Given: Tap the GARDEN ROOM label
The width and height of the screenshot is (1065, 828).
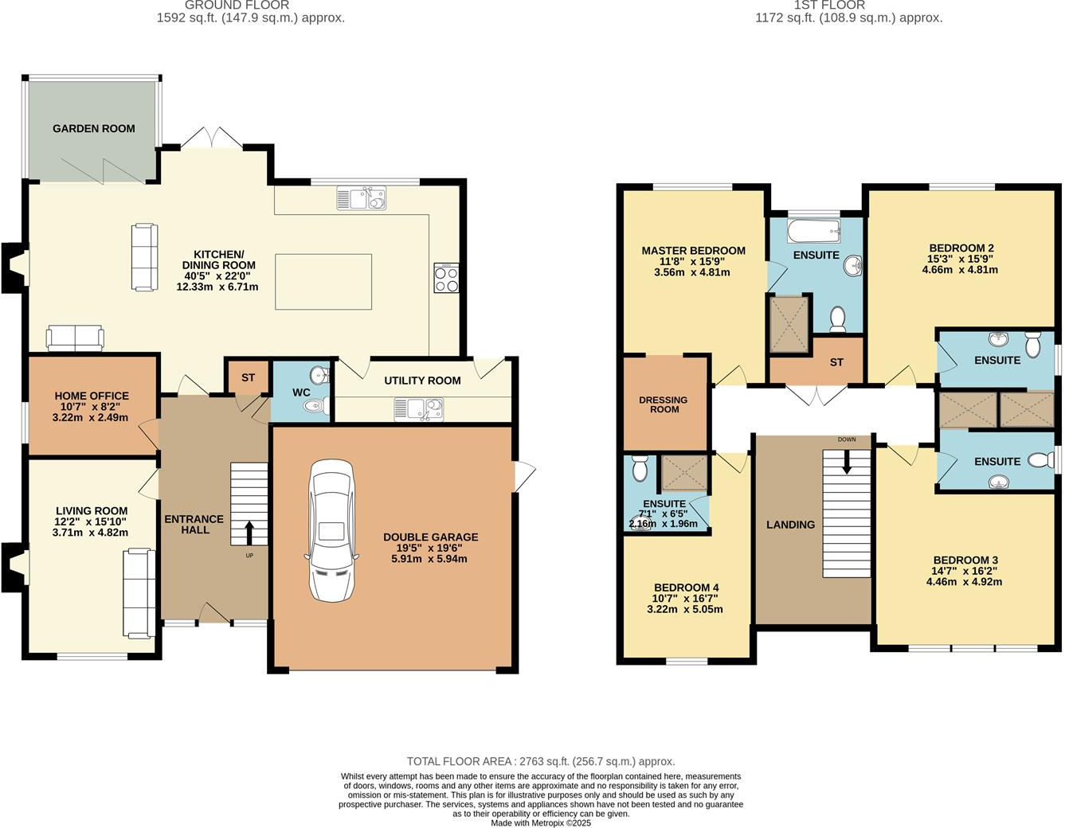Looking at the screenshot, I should click(x=94, y=128).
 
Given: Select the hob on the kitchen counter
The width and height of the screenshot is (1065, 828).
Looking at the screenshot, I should click(x=447, y=278).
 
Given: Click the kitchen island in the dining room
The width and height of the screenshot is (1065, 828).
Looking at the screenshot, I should click(x=323, y=281).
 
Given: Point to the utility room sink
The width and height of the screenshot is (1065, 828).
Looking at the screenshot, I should click(x=418, y=409).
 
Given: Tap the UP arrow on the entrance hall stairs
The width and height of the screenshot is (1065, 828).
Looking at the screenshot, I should click(x=249, y=532).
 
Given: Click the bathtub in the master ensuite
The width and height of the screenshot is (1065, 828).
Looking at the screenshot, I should click(x=813, y=232).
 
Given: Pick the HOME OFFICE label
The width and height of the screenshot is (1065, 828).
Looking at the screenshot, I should click(x=92, y=396).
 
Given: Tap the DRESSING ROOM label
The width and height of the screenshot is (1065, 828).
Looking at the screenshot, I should click(x=664, y=404).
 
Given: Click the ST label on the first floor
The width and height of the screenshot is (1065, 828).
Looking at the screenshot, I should click(x=836, y=362).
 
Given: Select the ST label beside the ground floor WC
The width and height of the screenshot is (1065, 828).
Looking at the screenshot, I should click(x=248, y=377).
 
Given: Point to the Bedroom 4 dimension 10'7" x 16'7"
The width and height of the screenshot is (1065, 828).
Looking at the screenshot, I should click(x=686, y=599).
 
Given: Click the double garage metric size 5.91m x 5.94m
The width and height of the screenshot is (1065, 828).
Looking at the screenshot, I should click(x=429, y=559).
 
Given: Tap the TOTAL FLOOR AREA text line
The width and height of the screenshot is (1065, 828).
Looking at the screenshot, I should click(x=540, y=761).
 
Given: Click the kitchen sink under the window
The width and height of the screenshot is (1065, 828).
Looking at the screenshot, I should click(x=362, y=198).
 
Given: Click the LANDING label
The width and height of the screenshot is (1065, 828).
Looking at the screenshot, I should click(x=790, y=525).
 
